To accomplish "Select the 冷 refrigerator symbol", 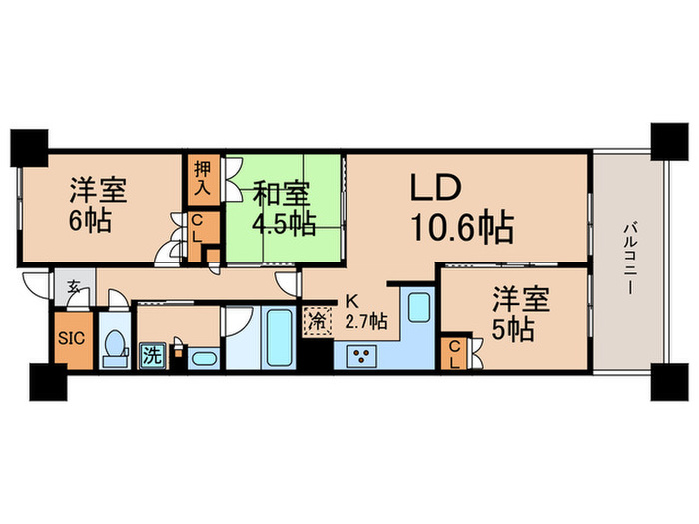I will click(x=316, y=324).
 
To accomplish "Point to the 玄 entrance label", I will click(x=75, y=287).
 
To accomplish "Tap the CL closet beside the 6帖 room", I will click(x=198, y=228).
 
